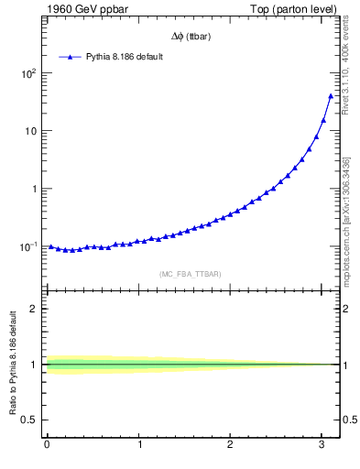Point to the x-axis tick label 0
pyautogui.click(x=47, y=446)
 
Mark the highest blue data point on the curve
pyautogui.click(x=331, y=95)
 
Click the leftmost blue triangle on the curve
pyautogui.click(x=51, y=246)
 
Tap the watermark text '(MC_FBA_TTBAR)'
pyautogui.click(x=191, y=274)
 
